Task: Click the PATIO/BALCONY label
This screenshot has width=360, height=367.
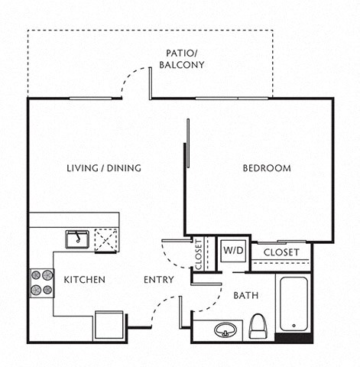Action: (x=182, y=59)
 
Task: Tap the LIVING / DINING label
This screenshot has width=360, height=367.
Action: (x=103, y=168)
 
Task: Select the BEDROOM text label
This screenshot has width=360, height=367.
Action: (x=267, y=168)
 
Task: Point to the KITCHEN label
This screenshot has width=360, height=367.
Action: (x=84, y=280)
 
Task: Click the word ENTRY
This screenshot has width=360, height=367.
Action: (x=158, y=280)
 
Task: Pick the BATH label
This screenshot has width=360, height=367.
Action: (x=246, y=295)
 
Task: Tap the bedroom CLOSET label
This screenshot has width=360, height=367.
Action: (x=281, y=252)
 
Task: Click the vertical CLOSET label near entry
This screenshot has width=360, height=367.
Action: (x=197, y=255)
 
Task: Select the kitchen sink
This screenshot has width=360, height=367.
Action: (x=76, y=239)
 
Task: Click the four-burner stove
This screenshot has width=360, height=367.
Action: (x=41, y=282)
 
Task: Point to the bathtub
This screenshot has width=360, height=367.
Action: (x=294, y=304)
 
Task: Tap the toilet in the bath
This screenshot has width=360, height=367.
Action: (x=258, y=327)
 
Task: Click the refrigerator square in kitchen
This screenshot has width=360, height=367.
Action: (x=109, y=325)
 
